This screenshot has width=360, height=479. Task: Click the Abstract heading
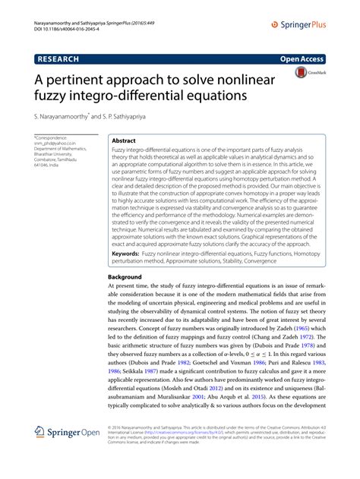(123, 141)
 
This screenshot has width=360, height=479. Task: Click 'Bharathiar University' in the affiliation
(54, 154)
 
